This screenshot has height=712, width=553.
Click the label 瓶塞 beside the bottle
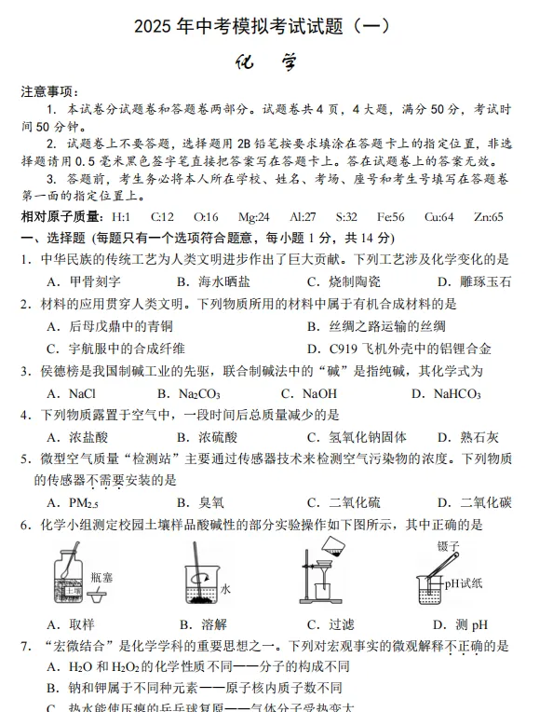[x=102, y=578]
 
